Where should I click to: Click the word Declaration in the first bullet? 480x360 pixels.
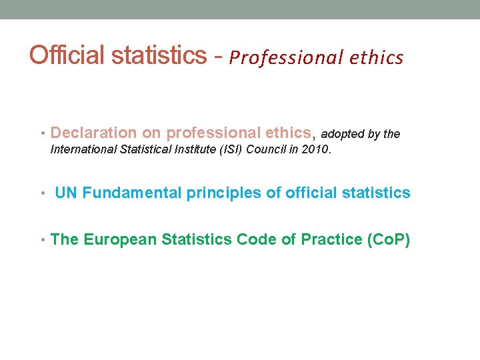(x=94, y=133)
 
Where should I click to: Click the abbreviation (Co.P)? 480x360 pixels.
(x=389, y=239)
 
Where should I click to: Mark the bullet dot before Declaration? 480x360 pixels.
(x=43, y=133)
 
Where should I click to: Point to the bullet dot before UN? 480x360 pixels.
(x=43, y=194)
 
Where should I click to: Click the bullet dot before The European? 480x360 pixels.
(x=43, y=240)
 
